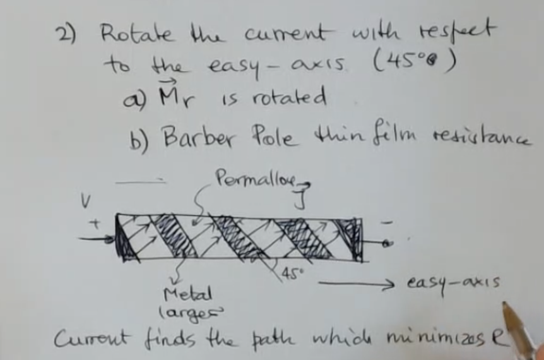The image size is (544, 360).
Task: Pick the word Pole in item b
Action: point(271,135)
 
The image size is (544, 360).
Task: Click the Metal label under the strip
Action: point(180,293)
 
